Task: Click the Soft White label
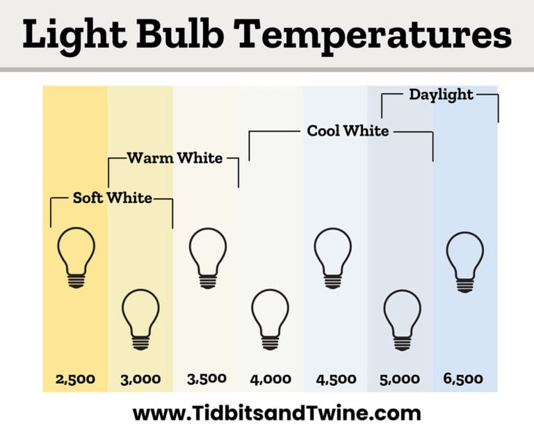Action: (x=112, y=198)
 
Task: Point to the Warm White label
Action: (x=175, y=158)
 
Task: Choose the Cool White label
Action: (x=348, y=130)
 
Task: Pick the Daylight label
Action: (x=441, y=94)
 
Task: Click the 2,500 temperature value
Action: (x=75, y=380)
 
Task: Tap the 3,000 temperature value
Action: (x=140, y=380)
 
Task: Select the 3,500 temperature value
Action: (x=207, y=379)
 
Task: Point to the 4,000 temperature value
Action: (x=271, y=380)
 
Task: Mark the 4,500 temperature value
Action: (x=336, y=380)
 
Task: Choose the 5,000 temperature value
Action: (x=400, y=380)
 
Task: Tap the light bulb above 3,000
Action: (x=140, y=318)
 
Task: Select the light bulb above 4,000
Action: (x=270, y=318)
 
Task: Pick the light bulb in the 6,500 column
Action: (x=464, y=260)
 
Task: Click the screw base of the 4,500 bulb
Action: (x=333, y=279)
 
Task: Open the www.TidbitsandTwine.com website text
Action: (x=276, y=412)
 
